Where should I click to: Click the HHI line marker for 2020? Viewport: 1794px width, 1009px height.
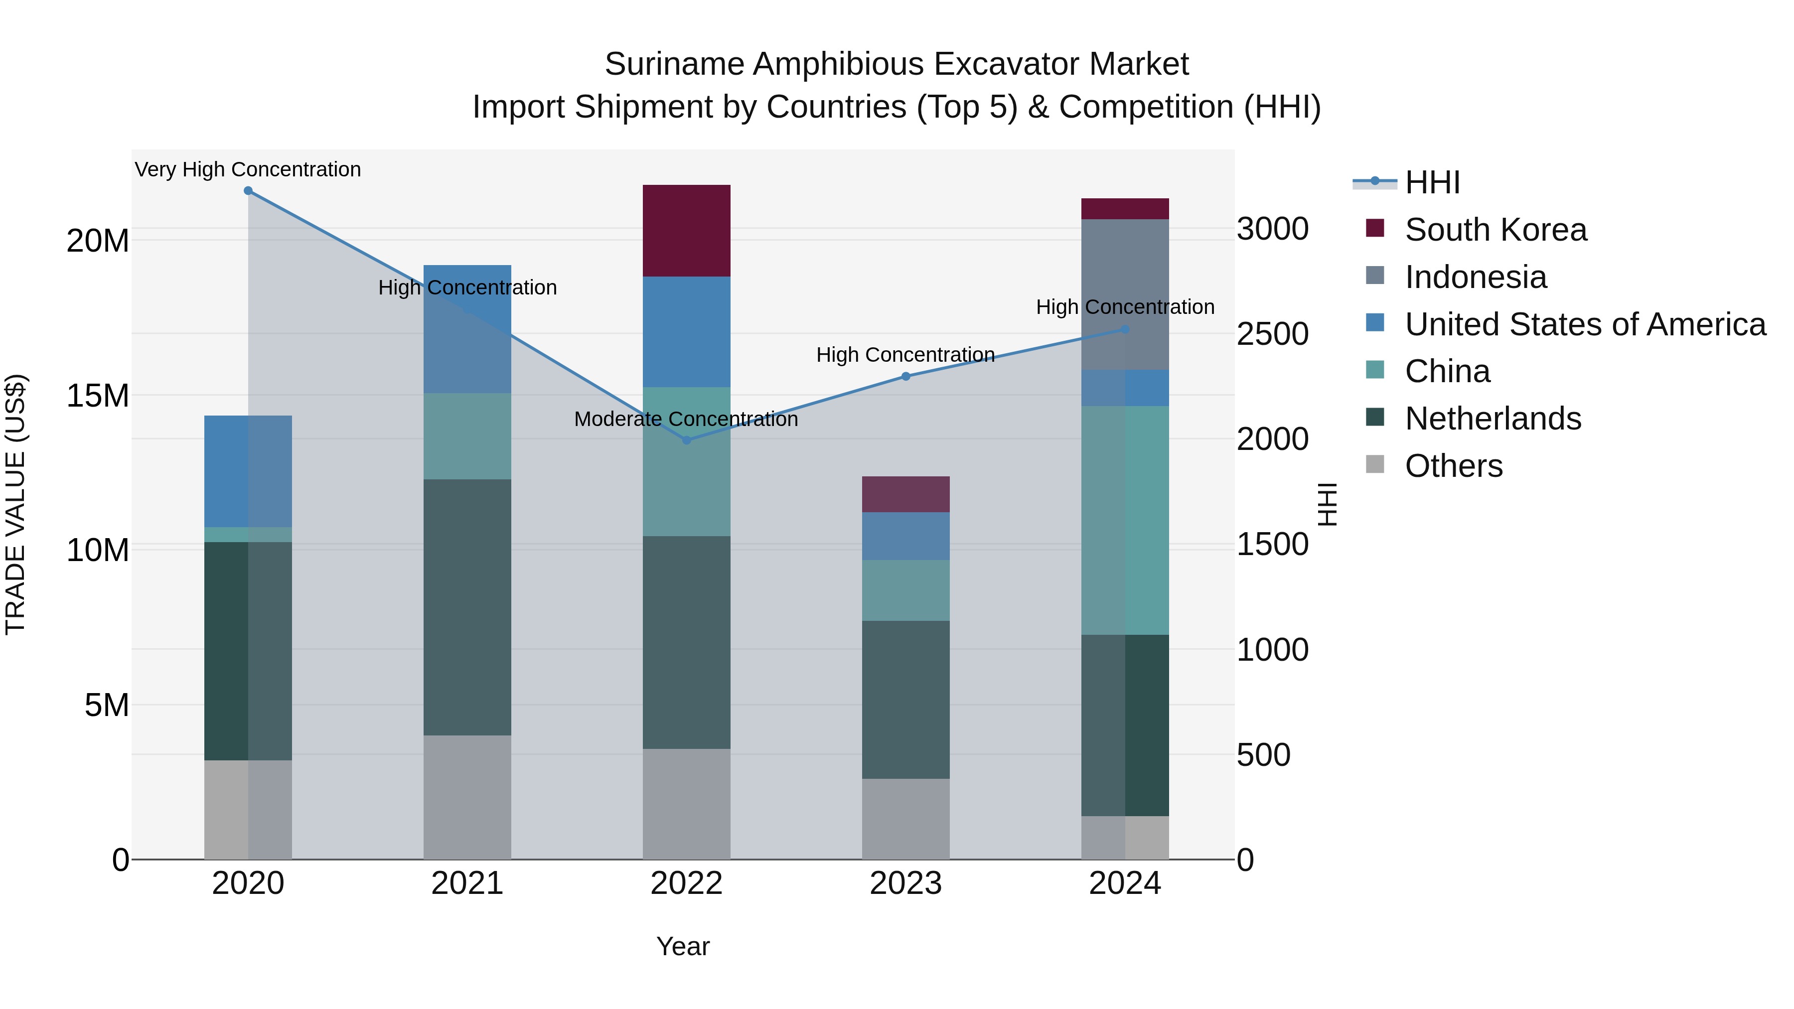(248, 191)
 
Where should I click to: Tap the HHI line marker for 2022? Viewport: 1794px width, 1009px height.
(687, 440)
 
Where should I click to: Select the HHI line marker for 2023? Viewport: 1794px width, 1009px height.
(906, 376)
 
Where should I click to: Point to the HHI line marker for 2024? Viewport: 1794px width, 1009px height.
(1125, 329)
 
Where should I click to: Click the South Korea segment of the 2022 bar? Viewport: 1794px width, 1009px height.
(687, 231)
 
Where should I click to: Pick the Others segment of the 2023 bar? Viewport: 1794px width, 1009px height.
(906, 818)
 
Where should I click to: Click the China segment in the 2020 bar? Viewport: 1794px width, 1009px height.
(248, 535)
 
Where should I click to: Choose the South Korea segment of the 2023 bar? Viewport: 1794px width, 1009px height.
(906, 494)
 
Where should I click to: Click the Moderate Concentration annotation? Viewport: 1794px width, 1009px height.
(686, 419)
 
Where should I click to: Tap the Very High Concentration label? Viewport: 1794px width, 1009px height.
(248, 170)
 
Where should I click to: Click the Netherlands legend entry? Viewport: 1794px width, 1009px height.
(1493, 419)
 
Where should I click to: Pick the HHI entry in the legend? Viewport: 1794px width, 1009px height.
(1432, 182)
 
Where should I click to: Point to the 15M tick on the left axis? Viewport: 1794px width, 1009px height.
(98, 396)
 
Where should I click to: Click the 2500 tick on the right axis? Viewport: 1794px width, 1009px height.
(1272, 334)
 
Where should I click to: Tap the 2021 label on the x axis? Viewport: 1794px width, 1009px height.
(467, 883)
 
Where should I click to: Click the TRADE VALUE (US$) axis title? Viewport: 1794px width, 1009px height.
(16, 504)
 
